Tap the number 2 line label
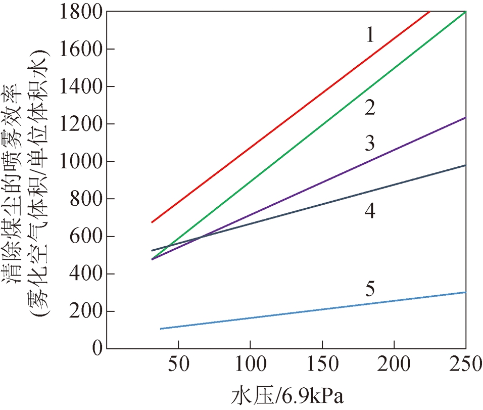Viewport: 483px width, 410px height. coord(370,108)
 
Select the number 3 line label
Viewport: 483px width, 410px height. coord(370,144)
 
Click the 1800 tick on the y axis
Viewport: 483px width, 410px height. coord(81,11)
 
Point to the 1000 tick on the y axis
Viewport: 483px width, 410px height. coord(81,161)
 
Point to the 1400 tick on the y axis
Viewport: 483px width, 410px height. coord(81,86)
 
